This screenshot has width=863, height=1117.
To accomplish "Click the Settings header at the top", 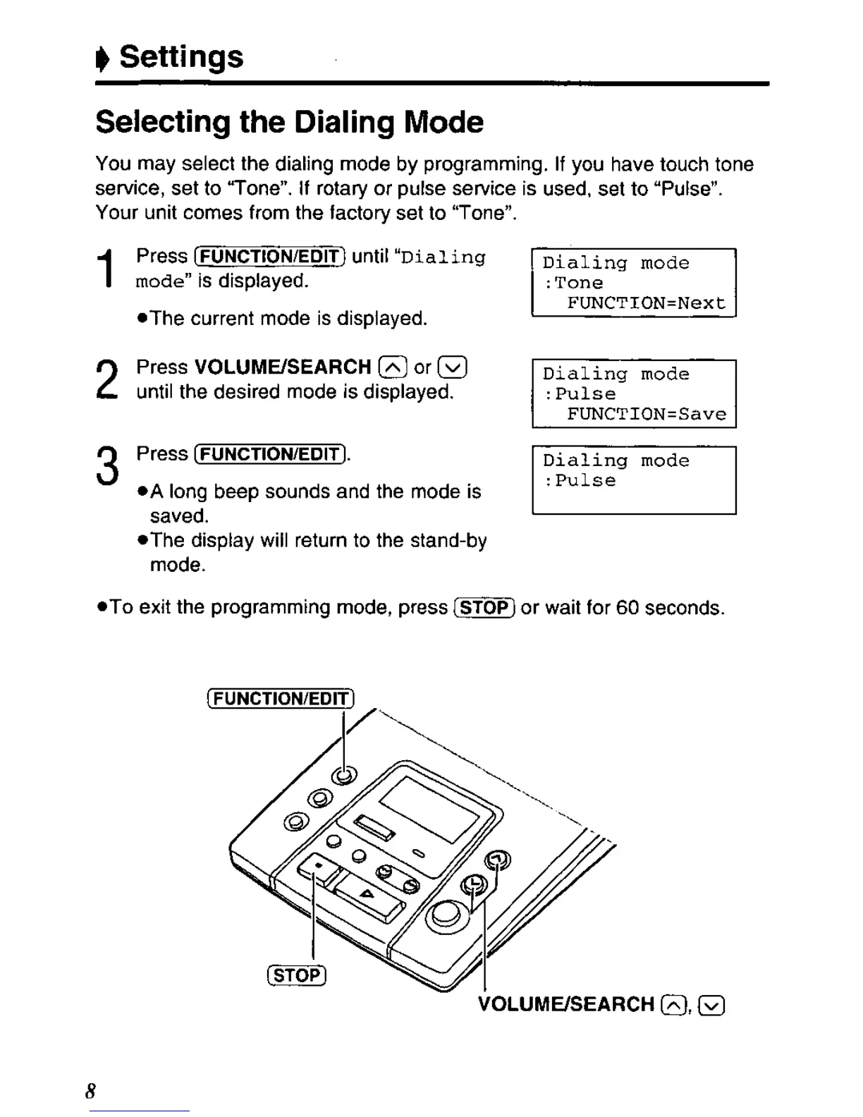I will pyautogui.click(x=180, y=56).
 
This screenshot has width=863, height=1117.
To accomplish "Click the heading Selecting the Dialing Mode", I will pyautogui.click(x=289, y=122).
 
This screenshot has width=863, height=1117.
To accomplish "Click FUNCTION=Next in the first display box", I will pyautogui.click(x=646, y=303).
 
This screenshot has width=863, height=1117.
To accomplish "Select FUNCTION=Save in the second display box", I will pyautogui.click(x=646, y=414).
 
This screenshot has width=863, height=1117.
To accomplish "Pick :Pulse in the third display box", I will pyautogui.click(x=580, y=480).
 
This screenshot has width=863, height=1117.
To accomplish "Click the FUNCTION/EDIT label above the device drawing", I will pyautogui.click(x=281, y=699).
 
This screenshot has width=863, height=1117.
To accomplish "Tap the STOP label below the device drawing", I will pyautogui.click(x=297, y=975).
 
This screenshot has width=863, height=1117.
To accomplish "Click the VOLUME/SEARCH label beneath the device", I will pyautogui.click(x=566, y=1004).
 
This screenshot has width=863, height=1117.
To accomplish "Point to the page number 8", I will pyautogui.click(x=90, y=1091).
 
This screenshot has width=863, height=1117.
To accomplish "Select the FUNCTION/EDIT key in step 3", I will pyautogui.click(x=270, y=453).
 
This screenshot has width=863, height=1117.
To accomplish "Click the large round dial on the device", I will pyautogui.click(x=446, y=914).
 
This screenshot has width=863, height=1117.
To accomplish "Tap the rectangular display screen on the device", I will pyautogui.click(x=429, y=807).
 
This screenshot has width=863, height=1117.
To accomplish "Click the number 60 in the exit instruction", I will pyautogui.click(x=627, y=607).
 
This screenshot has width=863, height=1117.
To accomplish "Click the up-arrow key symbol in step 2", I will pyautogui.click(x=393, y=367).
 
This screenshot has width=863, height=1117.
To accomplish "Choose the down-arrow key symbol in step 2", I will pyautogui.click(x=452, y=367).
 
